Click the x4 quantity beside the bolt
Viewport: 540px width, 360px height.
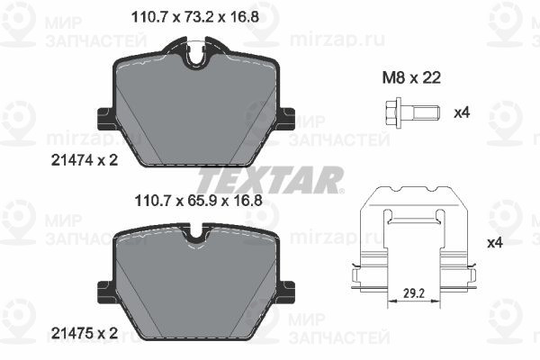462,113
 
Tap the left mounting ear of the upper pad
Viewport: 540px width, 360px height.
103,118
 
